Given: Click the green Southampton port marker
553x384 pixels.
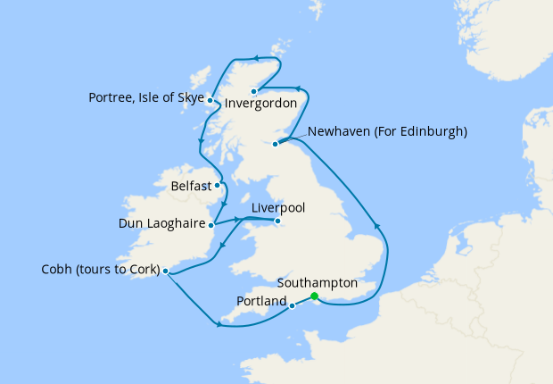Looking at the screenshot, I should click(x=314, y=296).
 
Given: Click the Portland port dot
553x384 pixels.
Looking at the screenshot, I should click(x=293, y=305).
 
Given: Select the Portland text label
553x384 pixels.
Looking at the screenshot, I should click(x=261, y=302).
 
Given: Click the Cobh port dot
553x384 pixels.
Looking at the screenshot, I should click(x=166, y=271).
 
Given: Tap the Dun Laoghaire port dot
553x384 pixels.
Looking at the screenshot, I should click(x=211, y=224).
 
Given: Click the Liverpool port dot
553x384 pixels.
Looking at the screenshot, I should click(x=277, y=221).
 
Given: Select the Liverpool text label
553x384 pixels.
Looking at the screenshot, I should click(x=278, y=207).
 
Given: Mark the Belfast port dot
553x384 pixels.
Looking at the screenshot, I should click(x=218, y=187).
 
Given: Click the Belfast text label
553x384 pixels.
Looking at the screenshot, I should click(x=192, y=187).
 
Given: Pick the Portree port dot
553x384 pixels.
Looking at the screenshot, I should click(x=210, y=100).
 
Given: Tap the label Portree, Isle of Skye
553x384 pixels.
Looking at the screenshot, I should click(x=146, y=97).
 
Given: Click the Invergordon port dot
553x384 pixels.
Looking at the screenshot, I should click(x=253, y=91).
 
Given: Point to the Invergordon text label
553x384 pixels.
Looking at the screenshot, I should click(x=260, y=104).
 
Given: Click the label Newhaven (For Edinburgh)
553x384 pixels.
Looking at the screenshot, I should click(x=387, y=131).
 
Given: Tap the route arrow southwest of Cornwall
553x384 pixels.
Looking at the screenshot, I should click(x=219, y=324).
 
